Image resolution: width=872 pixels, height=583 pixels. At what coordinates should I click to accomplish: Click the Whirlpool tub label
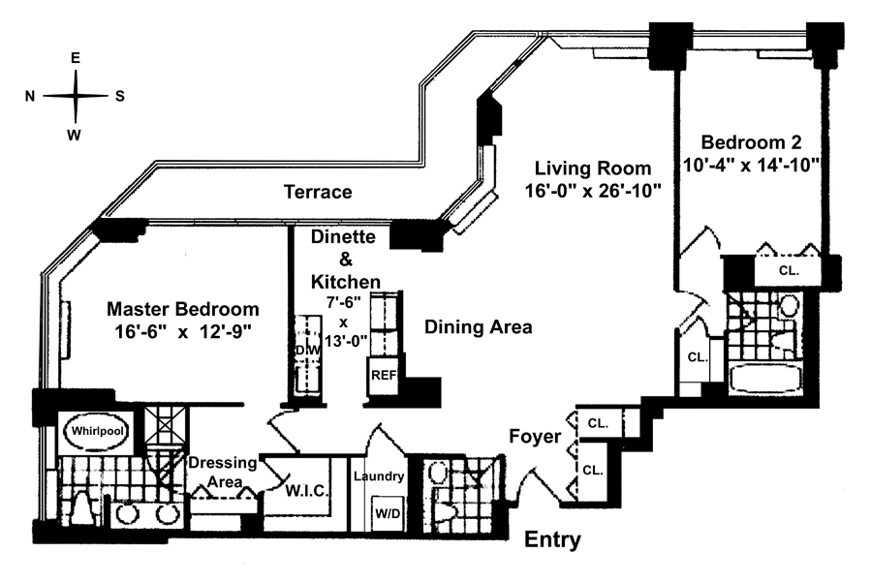pyautogui.click(x=98, y=431)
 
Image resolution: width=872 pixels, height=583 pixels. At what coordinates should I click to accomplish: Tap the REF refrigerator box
pyautogui.click(x=383, y=376)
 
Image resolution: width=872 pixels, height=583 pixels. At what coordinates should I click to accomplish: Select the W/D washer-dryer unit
pyautogui.click(x=387, y=514)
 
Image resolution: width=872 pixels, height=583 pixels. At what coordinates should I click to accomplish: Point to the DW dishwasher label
pyautogui.click(x=308, y=351)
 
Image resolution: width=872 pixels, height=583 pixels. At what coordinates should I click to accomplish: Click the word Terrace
pyautogui.click(x=318, y=192)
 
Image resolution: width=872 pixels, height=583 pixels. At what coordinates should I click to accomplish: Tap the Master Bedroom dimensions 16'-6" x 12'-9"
pyautogui.click(x=183, y=332)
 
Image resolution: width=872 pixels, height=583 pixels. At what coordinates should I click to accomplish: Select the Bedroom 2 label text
pyautogui.click(x=751, y=142)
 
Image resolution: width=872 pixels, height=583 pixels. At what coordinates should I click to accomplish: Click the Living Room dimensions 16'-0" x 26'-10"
pyautogui.click(x=593, y=191)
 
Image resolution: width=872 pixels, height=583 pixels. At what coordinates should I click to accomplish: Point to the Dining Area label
pyautogui.click(x=479, y=326)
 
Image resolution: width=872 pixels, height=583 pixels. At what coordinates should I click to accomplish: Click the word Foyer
pyautogui.click(x=535, y=436)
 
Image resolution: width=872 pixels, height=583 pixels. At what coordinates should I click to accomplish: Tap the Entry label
pyautogui.click(x=553, y=539)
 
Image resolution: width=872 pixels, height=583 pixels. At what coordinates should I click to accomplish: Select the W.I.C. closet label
pyautogui.click(x=306, y=491)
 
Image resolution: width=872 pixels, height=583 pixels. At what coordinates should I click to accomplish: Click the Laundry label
pyautogui.click(x=379, y=476)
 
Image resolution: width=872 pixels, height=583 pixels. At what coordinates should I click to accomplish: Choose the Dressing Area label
pyautogui.click(x=223, y=472)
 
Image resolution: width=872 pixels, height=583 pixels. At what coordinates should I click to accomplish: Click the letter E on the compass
pyautogui.click(x=75, y=58)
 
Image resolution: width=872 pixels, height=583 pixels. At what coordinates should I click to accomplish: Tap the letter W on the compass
pyautogui.click(x=74, y=135)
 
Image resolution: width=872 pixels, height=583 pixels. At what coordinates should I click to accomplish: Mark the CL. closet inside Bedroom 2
pyautogui.click(x=789, y=270)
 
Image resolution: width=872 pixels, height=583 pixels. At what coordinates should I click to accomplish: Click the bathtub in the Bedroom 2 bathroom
pyautogui.click(x=765, y=380)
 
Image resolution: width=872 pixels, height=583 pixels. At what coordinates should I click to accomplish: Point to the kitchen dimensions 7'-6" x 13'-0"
pyautogui.click(x=346, y=322)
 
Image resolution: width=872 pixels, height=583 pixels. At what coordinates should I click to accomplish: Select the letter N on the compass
pyautogui.click(x=30, y=96)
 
